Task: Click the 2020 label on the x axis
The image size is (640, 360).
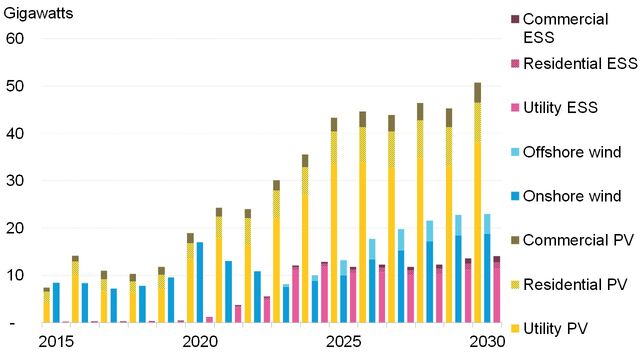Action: (x=201, y=342)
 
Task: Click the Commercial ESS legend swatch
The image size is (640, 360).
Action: (x=515, y=19)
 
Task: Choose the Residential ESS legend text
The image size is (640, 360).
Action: (x=580, y=63)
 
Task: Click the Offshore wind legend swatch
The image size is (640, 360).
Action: (x=515, y=151)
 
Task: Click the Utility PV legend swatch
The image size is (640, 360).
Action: (x=515, y=328)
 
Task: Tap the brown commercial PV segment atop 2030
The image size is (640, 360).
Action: (x=478, y=92)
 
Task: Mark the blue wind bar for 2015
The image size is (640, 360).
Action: (x=56, y=302)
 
